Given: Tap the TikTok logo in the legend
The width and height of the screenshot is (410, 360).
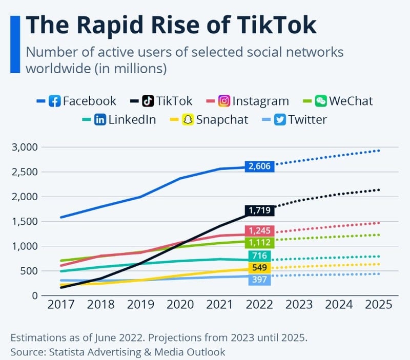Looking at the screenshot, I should click(x=148, y=101).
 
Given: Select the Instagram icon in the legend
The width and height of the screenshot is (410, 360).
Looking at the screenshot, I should click(x=224, y=101).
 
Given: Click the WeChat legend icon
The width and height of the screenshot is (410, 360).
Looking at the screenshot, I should click(x=321, y=101).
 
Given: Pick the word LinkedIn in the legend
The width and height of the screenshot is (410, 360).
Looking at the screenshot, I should click(x=132, y=120).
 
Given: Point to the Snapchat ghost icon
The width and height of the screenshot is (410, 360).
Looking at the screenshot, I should click(x=189, y=120).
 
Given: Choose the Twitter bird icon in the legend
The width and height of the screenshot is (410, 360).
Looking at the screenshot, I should click(x=280, y=120).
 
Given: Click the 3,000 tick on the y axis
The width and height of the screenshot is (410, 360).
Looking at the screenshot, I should click(x=25, y=147).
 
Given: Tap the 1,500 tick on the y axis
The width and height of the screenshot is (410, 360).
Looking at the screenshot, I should click(x=25, y=222).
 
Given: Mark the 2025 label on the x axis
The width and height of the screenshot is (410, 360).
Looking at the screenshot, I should click(x=379, y=304).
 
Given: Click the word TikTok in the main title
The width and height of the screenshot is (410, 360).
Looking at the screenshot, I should click(x=270, y=25).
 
